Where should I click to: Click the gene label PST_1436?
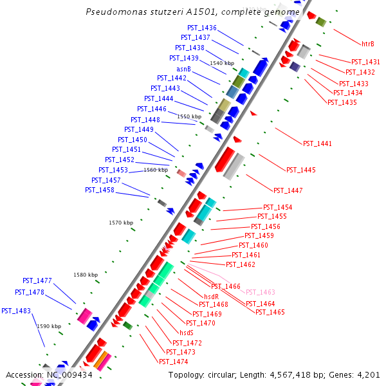(x=202, y=28)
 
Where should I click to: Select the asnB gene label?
(x=183, y=69)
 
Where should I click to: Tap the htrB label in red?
(x=368, y=44)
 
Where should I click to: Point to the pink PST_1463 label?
(x=260, y=292)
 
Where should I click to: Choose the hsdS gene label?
(x=187, y=333)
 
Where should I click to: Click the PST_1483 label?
(x=16, y=311)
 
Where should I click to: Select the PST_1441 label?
(x=317, y=143)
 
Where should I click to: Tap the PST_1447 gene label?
(x=288, y=190)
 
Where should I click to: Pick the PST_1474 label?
(x=173, y=362)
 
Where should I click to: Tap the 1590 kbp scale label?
(x=49, y=326)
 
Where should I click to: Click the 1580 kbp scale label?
(x=86, y=275)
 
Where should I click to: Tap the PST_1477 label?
(x=37, y=280)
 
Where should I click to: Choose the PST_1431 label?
(x=365, y=62)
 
